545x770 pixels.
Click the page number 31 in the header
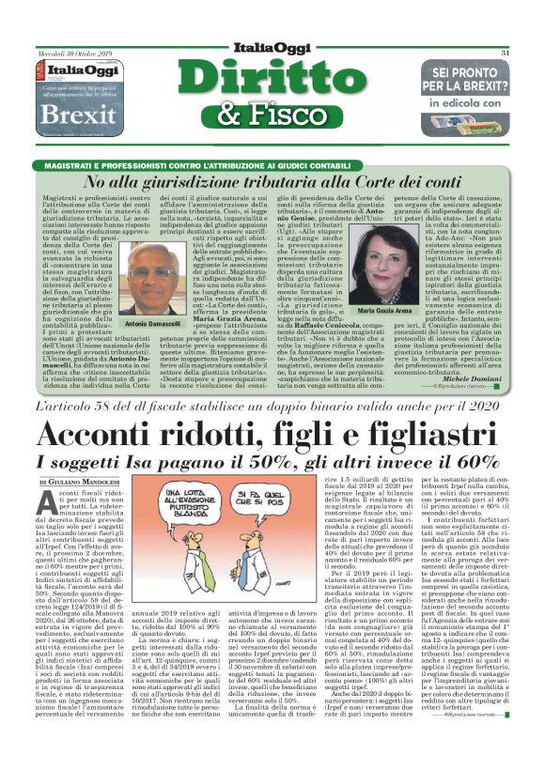click(505, 53)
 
